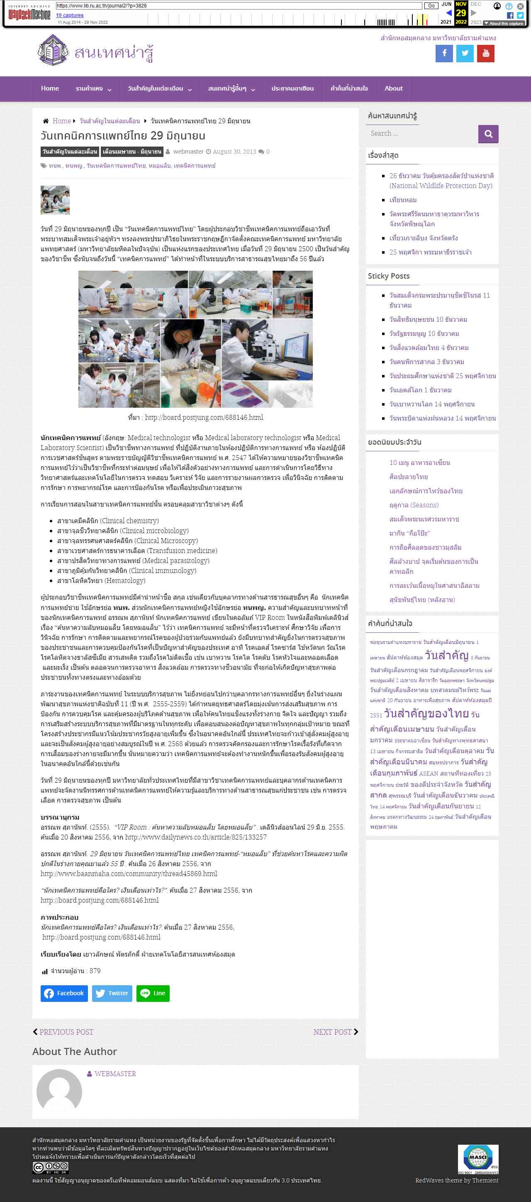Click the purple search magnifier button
tap(488, 134)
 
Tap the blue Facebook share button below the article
tap(64, 993)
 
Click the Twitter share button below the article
tap(112, 993)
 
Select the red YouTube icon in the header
tap(485, 54)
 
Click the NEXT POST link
tap(335, 1032)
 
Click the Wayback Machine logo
tap(29, 14)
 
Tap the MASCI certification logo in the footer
tap(478, 1158)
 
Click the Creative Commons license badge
tap(50, 1167)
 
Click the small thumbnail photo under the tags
tap(55, 200)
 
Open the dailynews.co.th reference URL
tap(196, 837)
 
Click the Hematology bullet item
tap(101, 580)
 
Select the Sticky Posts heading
tap(389, 276)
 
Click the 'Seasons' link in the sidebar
tap(414, 505)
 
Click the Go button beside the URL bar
tap(431, 5)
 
